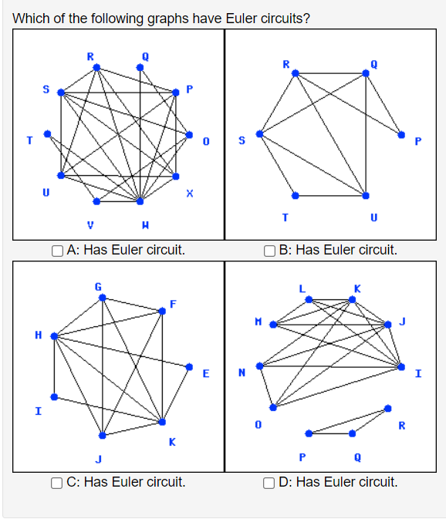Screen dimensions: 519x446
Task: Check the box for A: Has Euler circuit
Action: tap(59, 250)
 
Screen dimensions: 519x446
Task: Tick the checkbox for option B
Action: tap(269, 250)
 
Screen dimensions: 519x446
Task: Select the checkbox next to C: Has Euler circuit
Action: tap(59, 483)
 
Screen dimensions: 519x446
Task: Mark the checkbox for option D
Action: tap(269, 483)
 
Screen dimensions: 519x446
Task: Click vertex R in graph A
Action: tap(96, 67)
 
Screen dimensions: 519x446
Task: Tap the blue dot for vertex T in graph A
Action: tap(48, 133)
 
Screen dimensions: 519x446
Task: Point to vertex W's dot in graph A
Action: tap(140, 202)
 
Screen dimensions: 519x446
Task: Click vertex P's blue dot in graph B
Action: tap(401, 134)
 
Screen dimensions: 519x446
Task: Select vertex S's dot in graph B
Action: tap(260, 133)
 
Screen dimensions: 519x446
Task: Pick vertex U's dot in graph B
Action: tap(366, 195)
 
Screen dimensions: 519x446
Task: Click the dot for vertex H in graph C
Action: tap(53, 336)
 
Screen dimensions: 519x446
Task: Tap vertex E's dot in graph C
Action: tap(190, 366)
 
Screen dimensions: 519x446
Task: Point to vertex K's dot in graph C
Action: tap(162, 422)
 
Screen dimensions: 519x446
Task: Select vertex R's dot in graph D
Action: tap(388, 408)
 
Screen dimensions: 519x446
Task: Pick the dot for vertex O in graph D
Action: tap(272, 406)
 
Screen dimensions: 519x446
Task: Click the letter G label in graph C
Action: tap(97, 287)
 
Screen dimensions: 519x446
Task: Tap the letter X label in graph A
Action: tap(189, 195)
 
